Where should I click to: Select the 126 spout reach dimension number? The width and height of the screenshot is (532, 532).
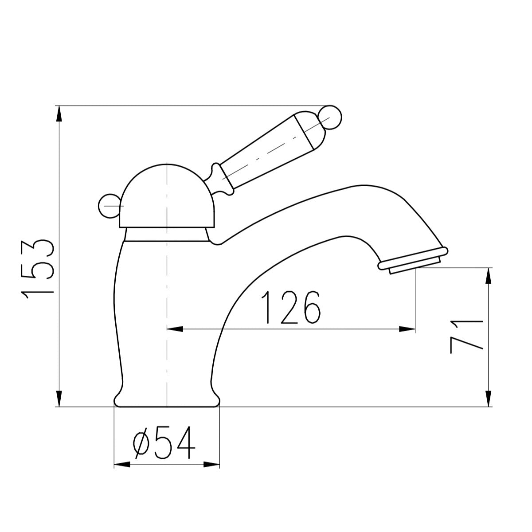coord(291,307)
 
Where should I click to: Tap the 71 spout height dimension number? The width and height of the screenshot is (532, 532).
coord(466,337)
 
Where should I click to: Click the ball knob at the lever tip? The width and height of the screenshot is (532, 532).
coord(330,117)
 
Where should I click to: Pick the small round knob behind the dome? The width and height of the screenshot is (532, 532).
coord(110,206)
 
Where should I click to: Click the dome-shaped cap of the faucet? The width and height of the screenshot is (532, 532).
coord(167,196)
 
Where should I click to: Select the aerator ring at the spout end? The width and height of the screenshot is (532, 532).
coord(413,260)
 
